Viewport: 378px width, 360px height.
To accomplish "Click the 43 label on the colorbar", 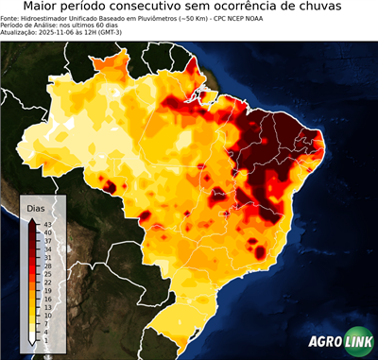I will click(x=47, y=224).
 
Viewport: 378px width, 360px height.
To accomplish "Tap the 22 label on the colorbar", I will click(x=47, y=282).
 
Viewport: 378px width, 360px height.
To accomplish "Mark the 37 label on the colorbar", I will click(x=47, y=240).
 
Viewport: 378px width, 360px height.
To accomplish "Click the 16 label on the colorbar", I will click(x=47, y=298).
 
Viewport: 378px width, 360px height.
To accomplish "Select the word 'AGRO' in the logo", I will click(x=325, y=343).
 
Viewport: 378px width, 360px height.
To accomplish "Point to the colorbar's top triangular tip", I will click(x=33, y=220).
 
